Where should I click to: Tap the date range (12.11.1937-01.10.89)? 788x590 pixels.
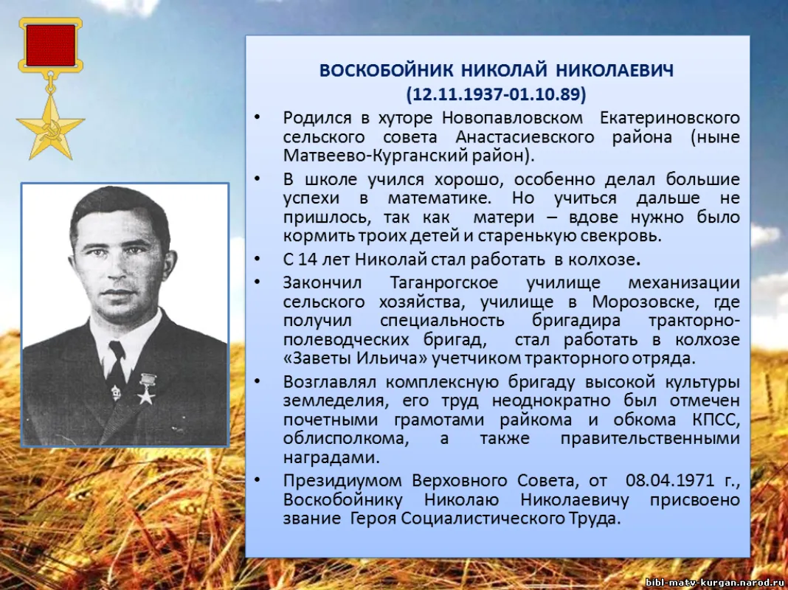(x=496, y=94)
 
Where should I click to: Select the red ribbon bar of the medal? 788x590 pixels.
(x=50, y=45)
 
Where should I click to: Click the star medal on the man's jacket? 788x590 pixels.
(x=145, y=389)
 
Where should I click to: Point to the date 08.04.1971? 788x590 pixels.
(x=670, y=481)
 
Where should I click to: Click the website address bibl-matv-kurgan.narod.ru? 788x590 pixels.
(x=714, y=582)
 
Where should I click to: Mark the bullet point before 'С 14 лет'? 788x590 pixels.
(x=256, y=260)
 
